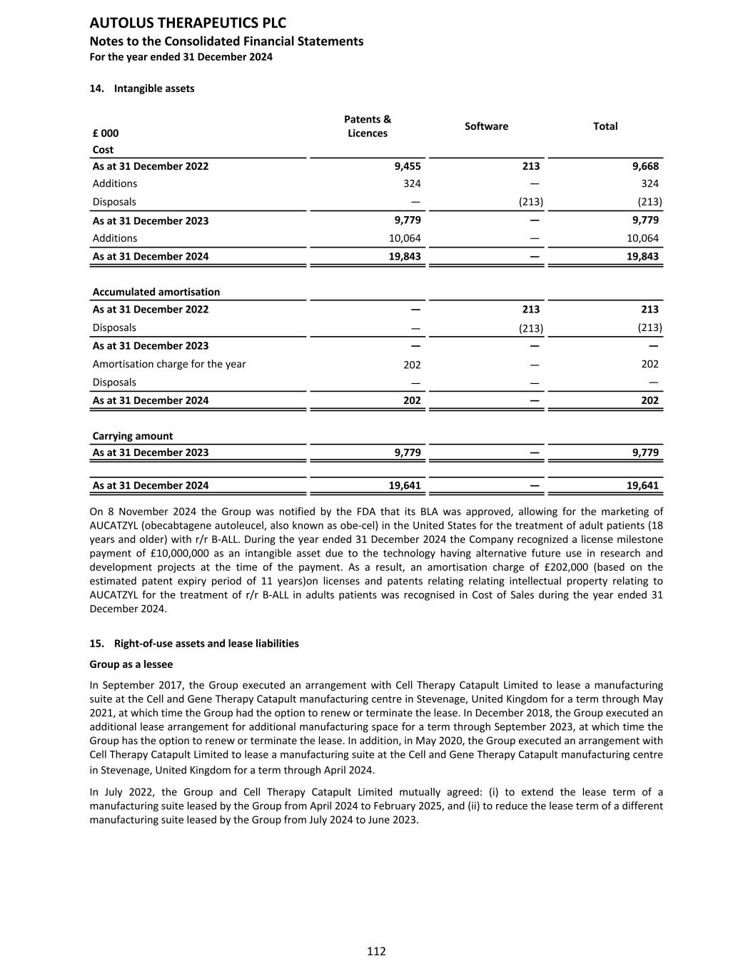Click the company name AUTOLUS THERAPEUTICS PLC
coord(188,24)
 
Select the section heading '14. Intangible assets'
coord(142,88)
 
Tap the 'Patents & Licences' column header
coord(368,126)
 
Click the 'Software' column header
coord(486,126)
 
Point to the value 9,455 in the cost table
coord(408,166)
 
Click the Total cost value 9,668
coord(645,166)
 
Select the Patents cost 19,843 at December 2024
coord(405,256)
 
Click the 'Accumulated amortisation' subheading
coord(156,292)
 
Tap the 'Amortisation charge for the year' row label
coord(169,364)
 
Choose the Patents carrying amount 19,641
coord(405,486)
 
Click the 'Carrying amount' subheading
coord(133,436)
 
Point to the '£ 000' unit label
coord(106,133)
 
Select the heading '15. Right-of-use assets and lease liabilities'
coord(194,644)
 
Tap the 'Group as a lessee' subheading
coord(131,664)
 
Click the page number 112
coord(376,951)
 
